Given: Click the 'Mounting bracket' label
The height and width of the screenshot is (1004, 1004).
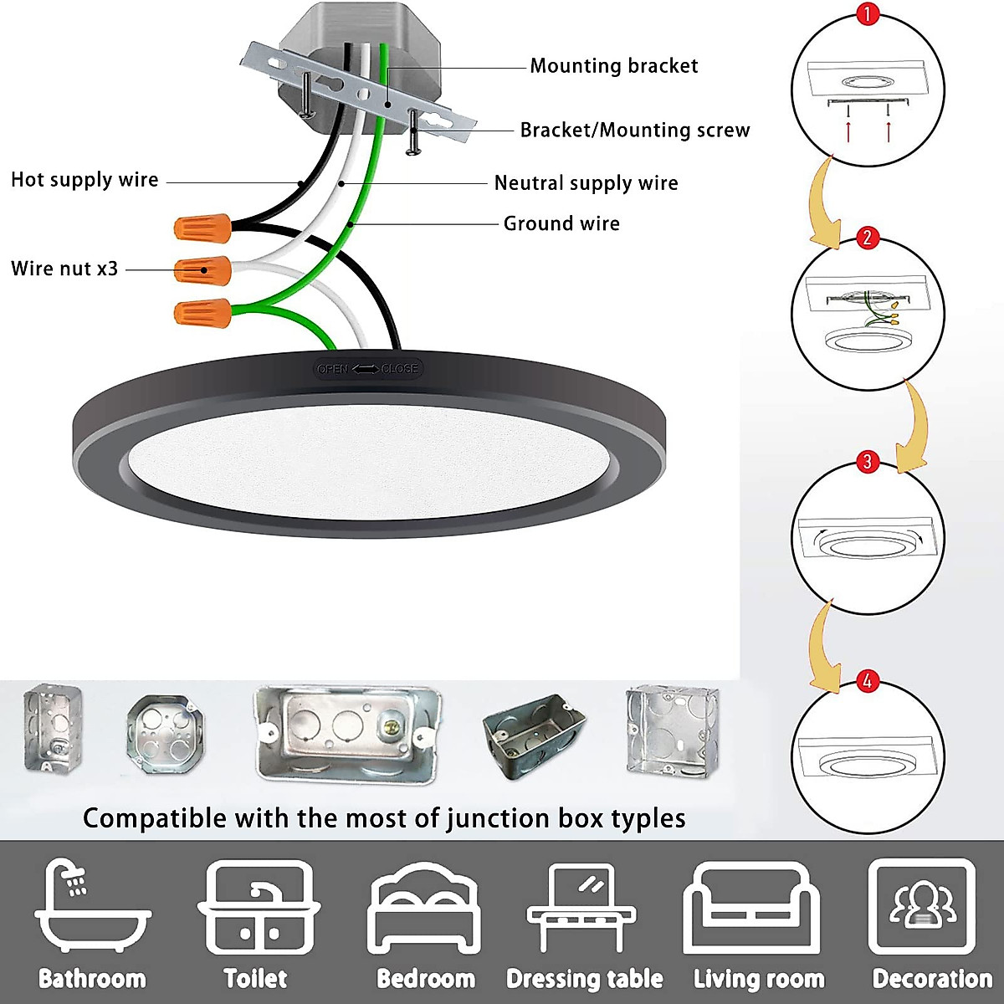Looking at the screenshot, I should coord(613,66).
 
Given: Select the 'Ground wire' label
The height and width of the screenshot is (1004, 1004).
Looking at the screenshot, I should coord(561,223).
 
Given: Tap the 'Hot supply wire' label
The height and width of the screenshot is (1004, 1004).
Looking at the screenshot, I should coord(85,180).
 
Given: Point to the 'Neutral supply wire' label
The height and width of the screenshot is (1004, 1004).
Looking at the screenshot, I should coord(586,183).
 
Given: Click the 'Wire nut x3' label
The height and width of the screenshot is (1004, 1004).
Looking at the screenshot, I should coord(64,269).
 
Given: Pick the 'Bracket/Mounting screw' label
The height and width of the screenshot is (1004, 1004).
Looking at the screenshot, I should coord(635,130).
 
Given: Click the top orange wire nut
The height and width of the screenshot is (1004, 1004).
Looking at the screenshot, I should coord(202,225).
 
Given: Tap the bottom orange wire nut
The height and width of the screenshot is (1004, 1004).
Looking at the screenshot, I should coord(202,313).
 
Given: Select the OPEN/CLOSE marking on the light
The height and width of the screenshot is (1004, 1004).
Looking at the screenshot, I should coord(367,369).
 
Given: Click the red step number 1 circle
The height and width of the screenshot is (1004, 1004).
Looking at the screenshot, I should coord(868,14).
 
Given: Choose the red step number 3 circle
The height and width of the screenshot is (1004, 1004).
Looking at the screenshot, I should coord(868,462).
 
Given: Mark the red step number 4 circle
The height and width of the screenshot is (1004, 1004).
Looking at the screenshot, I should coord(868,681).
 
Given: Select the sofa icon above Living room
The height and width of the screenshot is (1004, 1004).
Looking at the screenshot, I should coord(750,909).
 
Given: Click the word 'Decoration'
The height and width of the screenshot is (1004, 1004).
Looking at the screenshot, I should coord(932,979).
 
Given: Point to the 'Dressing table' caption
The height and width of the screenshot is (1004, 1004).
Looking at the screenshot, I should coord(585,979).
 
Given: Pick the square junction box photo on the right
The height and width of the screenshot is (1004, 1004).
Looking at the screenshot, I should coord(673,730).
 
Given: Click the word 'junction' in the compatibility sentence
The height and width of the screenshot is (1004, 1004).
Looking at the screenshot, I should coord(496,818).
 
